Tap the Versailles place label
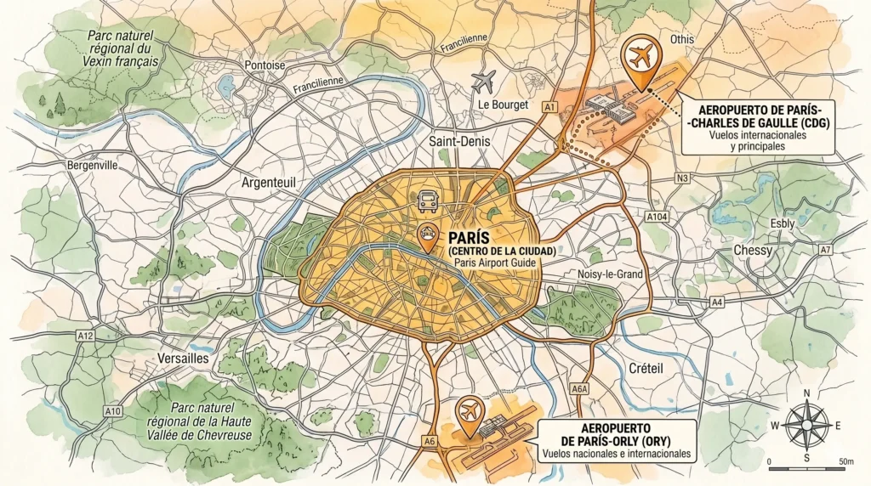tap(183, 359)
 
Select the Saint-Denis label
tap(459, 142)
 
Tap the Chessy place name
tap(753, 251)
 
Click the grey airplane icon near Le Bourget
tap(484, 82)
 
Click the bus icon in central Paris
tap(427, 202)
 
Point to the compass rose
tap(806, 424)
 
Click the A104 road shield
tap(657, 218)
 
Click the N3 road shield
tap(681, 178)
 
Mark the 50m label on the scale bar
tap(845, 461)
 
